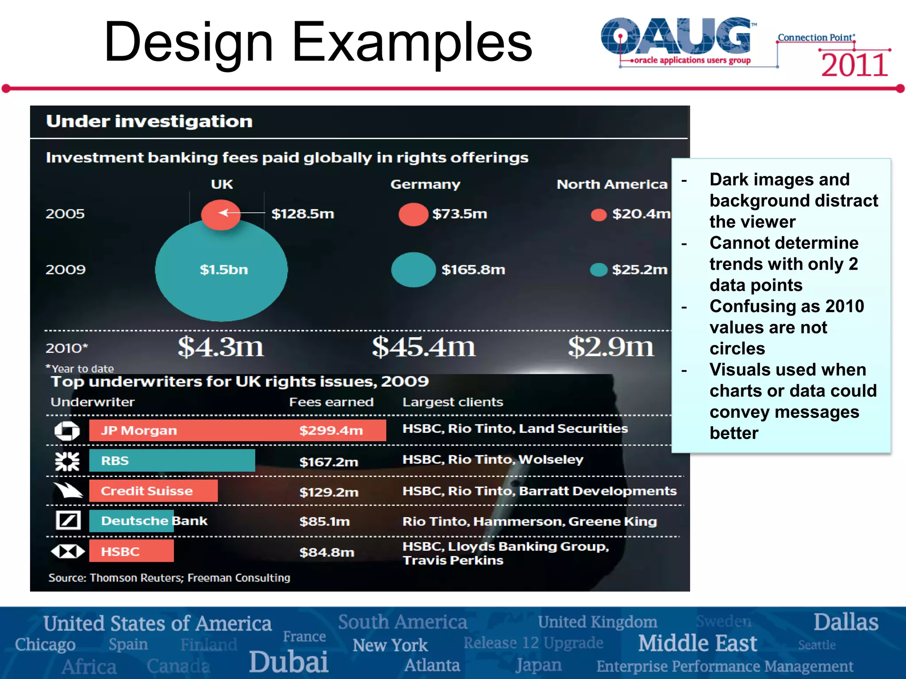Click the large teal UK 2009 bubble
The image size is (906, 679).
point(221,283)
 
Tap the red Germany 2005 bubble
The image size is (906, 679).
point(413,214)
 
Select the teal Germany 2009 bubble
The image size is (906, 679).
point(413,270)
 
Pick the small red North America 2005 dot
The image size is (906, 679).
point(599,215)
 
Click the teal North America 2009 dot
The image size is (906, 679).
point(599,270)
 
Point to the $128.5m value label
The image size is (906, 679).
point(303,214)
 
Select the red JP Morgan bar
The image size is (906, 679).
point(237,430)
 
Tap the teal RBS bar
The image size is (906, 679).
point(172,461)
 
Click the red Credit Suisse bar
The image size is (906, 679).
point(153,491)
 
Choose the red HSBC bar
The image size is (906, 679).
point(131,551)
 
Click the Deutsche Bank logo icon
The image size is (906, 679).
point(68,520)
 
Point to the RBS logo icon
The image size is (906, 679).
point(67,461)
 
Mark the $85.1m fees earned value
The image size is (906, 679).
point(324,522)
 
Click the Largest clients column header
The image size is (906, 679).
point(453,402)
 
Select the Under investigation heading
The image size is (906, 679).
point(149,121)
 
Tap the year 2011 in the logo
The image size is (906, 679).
point(854,65)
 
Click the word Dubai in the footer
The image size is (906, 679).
point(288,662)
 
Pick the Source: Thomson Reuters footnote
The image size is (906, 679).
point(169,578)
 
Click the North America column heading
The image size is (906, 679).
point(611,184)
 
